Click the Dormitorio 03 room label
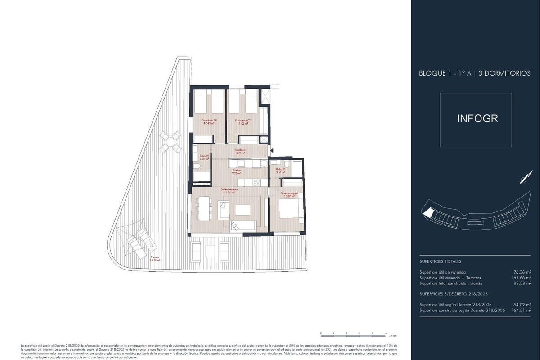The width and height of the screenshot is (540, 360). [208, 121]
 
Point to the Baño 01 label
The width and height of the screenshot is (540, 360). [281, 170]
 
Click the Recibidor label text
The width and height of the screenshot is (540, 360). [240, 151]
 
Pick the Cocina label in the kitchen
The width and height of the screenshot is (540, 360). [237, 171]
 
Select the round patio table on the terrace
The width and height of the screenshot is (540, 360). [170, 142]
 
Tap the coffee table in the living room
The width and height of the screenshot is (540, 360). [243, 210]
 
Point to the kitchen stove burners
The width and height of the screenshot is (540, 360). [257, 182]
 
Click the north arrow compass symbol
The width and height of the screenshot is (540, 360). [523, 180]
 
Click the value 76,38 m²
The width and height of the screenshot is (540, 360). [519, 272]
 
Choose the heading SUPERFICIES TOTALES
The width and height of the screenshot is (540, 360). [440, 261]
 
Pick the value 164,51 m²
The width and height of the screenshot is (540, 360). [519, 310]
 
